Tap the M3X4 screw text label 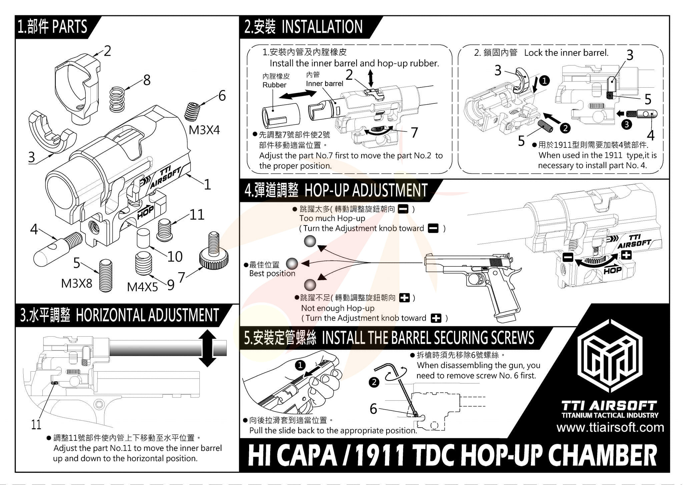click(x=204, y=130)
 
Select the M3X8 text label click(x=76, y=284)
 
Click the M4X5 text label click(x=142, y=287)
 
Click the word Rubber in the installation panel click(x=274, y=85)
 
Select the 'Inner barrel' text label click(x=324, y=83)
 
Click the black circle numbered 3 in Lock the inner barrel click(x=627, y=124)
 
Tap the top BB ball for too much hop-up click(x=310, y=241)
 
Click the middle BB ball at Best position click(x=292, y=264)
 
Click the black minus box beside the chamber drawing click(x=568, y=257)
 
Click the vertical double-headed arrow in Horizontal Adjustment click(x=207, y=349)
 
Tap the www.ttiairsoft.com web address click(x=610, y=427)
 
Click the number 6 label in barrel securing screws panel click(x=373, y=409)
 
